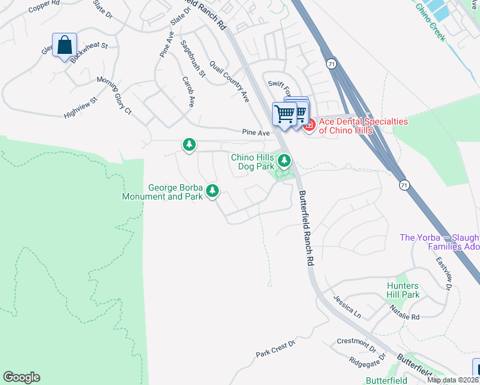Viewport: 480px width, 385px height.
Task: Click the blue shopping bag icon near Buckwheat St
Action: tap(64, 46)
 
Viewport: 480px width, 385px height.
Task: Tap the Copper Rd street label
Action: tap(43, 5)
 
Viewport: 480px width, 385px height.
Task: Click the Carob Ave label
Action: tap(189, 93)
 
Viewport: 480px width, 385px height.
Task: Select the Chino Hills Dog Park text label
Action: tap(252, 162)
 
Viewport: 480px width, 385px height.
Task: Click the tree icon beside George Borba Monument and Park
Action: tap(212, 191)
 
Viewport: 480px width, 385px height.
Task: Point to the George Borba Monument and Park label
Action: tap(175, 193)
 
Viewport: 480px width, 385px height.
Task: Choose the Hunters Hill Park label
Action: tap(403, 290)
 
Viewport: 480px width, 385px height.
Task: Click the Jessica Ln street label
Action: tap(347, 305)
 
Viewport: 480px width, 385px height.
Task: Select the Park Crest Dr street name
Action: tap(275, 349)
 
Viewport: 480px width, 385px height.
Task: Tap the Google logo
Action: tap(21, 377)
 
